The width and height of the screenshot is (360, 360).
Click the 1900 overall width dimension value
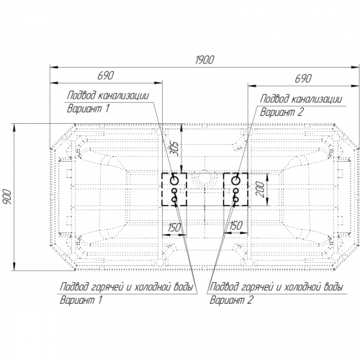(204, 60)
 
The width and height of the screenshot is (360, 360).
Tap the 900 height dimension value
(7, 197)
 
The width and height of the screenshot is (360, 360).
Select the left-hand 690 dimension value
(106, 76)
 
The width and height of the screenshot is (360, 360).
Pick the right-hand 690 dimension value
(303, 78)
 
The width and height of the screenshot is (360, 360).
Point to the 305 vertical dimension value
(176, 149)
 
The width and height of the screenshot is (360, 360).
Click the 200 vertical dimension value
(260, 189)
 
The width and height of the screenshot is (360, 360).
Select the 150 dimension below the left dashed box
(174, 228)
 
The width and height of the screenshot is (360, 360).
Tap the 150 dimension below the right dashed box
(236, 225)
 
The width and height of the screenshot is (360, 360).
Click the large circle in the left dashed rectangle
(174, 181)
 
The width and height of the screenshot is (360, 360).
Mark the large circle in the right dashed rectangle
(235, 181)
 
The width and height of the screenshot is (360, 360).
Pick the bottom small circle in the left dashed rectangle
(174, 199)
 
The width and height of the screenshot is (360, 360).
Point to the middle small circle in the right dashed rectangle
(236, 191)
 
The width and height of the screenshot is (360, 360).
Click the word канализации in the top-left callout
(124, 96)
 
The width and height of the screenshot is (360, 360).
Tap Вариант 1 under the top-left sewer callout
(88, 109)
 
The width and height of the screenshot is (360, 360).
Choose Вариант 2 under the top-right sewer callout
(282, 112)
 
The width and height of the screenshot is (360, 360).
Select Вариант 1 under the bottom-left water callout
(81, 300)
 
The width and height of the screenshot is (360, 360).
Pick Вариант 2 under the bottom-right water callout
(231, 300)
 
